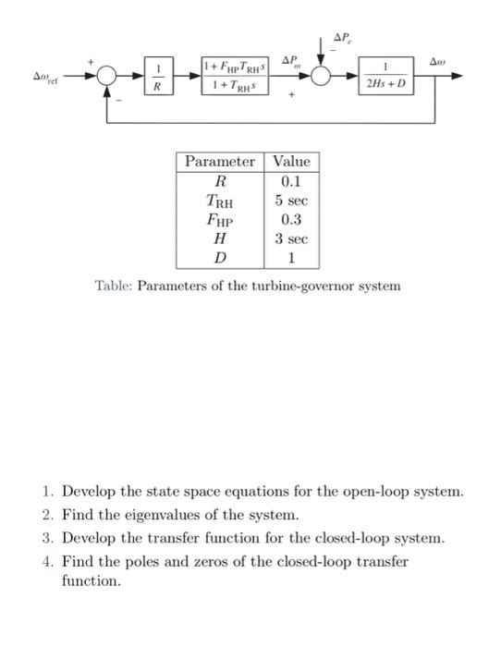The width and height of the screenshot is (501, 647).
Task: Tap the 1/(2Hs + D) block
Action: click(387, 77)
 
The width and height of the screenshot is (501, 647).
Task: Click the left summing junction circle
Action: click(106, 77)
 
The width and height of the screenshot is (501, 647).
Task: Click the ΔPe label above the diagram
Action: click(342, 39)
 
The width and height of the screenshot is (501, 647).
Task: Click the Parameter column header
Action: click(219, 162)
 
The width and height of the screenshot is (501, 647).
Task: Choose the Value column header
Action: click(291, 162)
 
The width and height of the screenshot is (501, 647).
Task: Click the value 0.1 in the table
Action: click(291, 181)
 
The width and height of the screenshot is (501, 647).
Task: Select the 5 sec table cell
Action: click(291, 201)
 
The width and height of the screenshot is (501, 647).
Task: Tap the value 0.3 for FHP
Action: click(291, 220)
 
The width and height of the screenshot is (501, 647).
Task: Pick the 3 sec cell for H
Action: click(291, 238)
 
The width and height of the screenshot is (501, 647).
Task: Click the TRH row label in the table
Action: click(219, 201)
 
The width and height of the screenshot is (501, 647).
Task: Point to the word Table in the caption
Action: click(114, 286)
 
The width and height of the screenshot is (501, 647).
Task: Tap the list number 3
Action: click(47, 537)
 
